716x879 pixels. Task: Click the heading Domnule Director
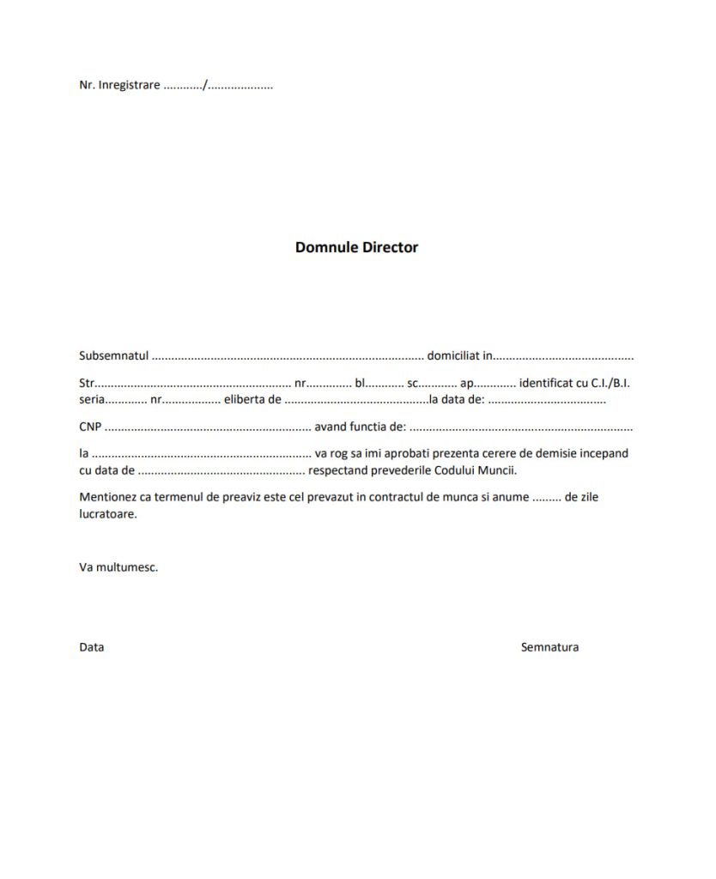point(356,247)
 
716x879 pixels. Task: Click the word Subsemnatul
point(114,355)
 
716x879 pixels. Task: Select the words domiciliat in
point(459,355)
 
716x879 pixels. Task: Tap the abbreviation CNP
point(90,426)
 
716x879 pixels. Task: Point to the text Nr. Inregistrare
point(119,85)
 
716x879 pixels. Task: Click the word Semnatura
point(549,647)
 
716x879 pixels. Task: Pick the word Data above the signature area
point(92,647)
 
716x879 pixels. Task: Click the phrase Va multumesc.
point(118,567)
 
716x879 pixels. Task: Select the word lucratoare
point(108,514)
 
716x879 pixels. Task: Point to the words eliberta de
point(252,399)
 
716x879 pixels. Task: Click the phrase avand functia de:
point(360,426)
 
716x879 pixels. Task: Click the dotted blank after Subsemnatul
point(288,356)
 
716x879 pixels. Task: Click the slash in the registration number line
point(205,85)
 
